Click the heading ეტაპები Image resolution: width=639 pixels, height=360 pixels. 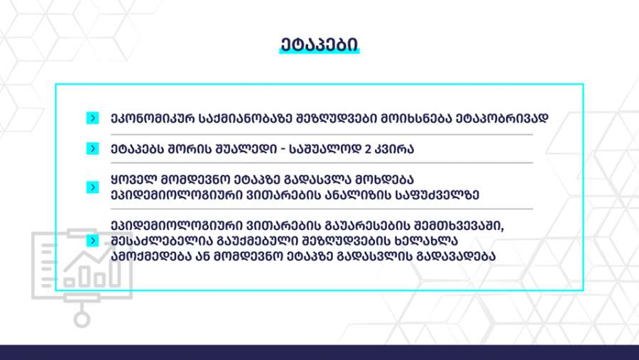point(319,45)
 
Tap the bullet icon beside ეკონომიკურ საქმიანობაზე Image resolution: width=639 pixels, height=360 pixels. point(92,119)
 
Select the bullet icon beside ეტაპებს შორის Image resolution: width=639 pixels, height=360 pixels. point(92,149)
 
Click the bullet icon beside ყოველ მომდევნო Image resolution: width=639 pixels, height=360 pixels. point(92,187)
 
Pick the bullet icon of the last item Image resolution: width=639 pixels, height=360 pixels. point(92,241)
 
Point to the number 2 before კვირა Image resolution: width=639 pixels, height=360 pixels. point(368,149)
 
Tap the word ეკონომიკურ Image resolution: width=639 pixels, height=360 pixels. point(153,119)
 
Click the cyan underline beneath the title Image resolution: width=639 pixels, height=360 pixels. point(319,52)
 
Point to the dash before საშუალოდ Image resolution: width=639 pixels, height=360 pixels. point(283,149)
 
